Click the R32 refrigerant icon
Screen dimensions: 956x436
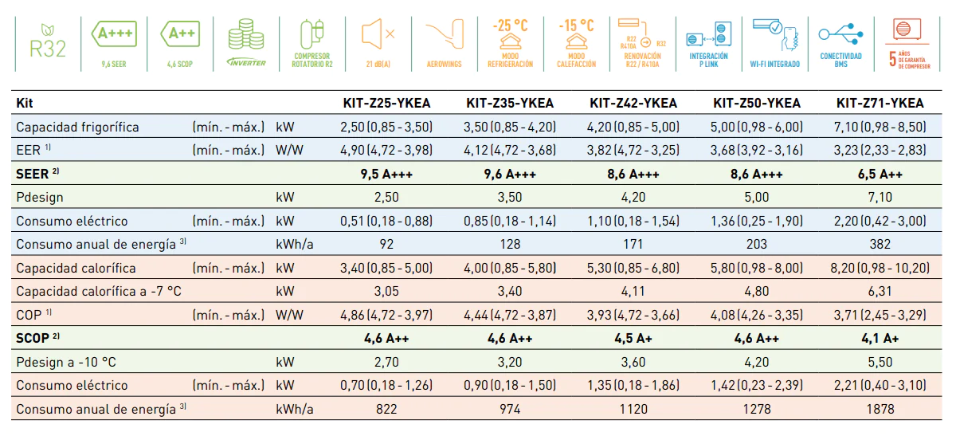tap(48, 42)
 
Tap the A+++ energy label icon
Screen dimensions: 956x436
tap(114, 33)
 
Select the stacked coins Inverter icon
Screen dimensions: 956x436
tap(246, 34)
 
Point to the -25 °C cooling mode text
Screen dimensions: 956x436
tap(511, 26)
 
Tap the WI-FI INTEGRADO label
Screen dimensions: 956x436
tap(775, 64)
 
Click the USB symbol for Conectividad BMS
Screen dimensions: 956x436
tap(840, 33)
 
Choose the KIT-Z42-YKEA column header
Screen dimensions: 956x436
tap(633, 103)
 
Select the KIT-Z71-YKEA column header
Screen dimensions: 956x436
tap(880, 103)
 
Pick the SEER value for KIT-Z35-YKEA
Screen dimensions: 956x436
tap(510, 174)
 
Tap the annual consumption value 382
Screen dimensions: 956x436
tap(880, 244)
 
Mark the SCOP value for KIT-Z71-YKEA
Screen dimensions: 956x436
tap(880, 338)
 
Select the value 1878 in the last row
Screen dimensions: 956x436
tap(880, 409)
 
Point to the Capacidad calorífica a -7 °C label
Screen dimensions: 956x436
tap(99, 291)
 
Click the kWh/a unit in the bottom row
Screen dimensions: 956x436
tap(295, 409)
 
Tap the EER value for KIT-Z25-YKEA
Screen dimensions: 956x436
tap(386, 151)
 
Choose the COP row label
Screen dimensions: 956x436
tap(33, 315)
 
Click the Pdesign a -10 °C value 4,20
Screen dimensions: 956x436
tap(757, 362)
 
